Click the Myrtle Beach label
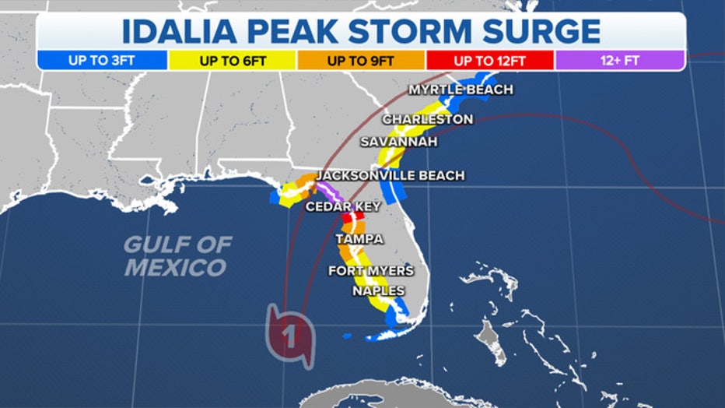[x=461, y=90]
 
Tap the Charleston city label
[x=427, y=119]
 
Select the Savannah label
[x=398, y=142]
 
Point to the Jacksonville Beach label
[x=390, y=175]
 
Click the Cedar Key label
[x=343, y=206]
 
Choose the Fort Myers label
[x=370, y=270]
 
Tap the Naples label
[x=378, y=290]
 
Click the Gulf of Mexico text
[x=178, y=255]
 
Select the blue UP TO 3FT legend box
[x=102, y=60]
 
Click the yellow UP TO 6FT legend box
[x=231, y=60]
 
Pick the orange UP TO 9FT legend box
[x=360, y=60]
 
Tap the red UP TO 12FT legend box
[x=489, y=60]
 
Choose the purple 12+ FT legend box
[x=620, y=60]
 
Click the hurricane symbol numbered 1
[x=289, y=336]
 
